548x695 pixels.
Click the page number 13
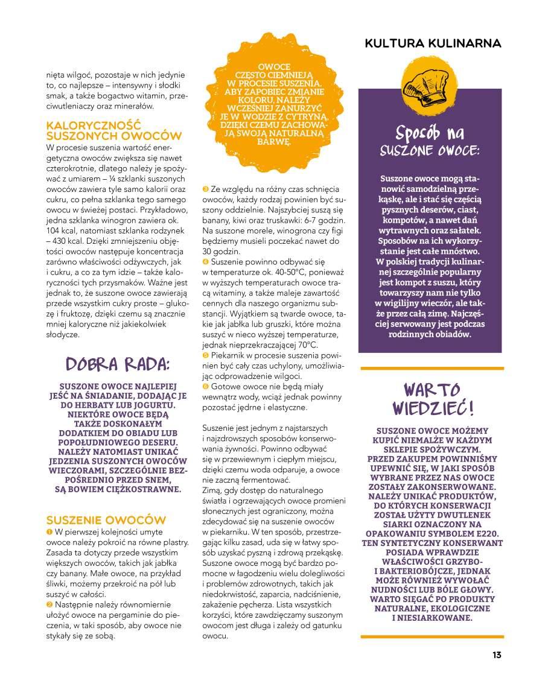pyautogui.click(x=497, y=655)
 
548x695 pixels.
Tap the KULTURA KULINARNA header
pyautogui.click(x=433, y=43)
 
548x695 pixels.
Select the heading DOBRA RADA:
pyautogui.click(x=118, y=364)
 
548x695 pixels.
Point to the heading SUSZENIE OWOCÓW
pyautogui.click(x=106, y=520)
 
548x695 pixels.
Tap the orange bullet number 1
pyautogui.click(x=49, y=532)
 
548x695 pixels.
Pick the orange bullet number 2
pyautogui.click(x=49, y=604)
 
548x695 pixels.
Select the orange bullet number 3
pyautogui.click(x=206, y=189)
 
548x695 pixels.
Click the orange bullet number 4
pyautogui.click(x=206, y=262)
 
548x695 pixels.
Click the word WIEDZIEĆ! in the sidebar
pyautogui.click(x=433, y=408)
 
